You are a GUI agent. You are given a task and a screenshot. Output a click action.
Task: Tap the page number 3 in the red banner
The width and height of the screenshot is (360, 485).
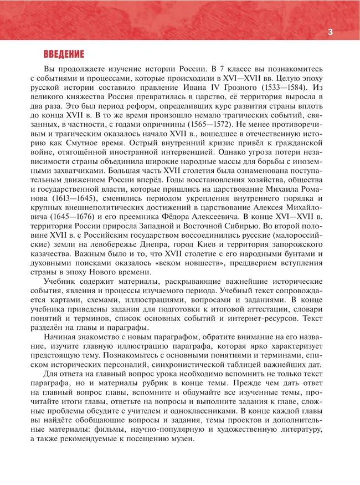330,32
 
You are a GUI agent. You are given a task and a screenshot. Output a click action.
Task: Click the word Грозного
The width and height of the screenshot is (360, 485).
255,88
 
